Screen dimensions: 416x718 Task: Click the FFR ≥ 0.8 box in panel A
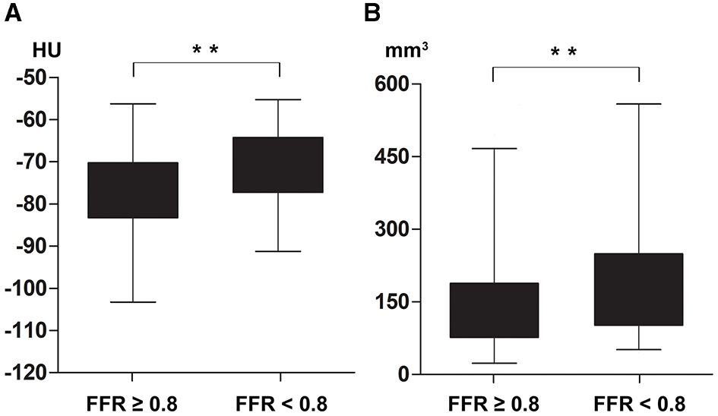point(133,191)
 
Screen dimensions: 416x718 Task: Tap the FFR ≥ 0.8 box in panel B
point(494,310)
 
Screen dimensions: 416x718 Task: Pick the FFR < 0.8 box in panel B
point(639,289)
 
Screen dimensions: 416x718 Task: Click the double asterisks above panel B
point(566,53)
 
